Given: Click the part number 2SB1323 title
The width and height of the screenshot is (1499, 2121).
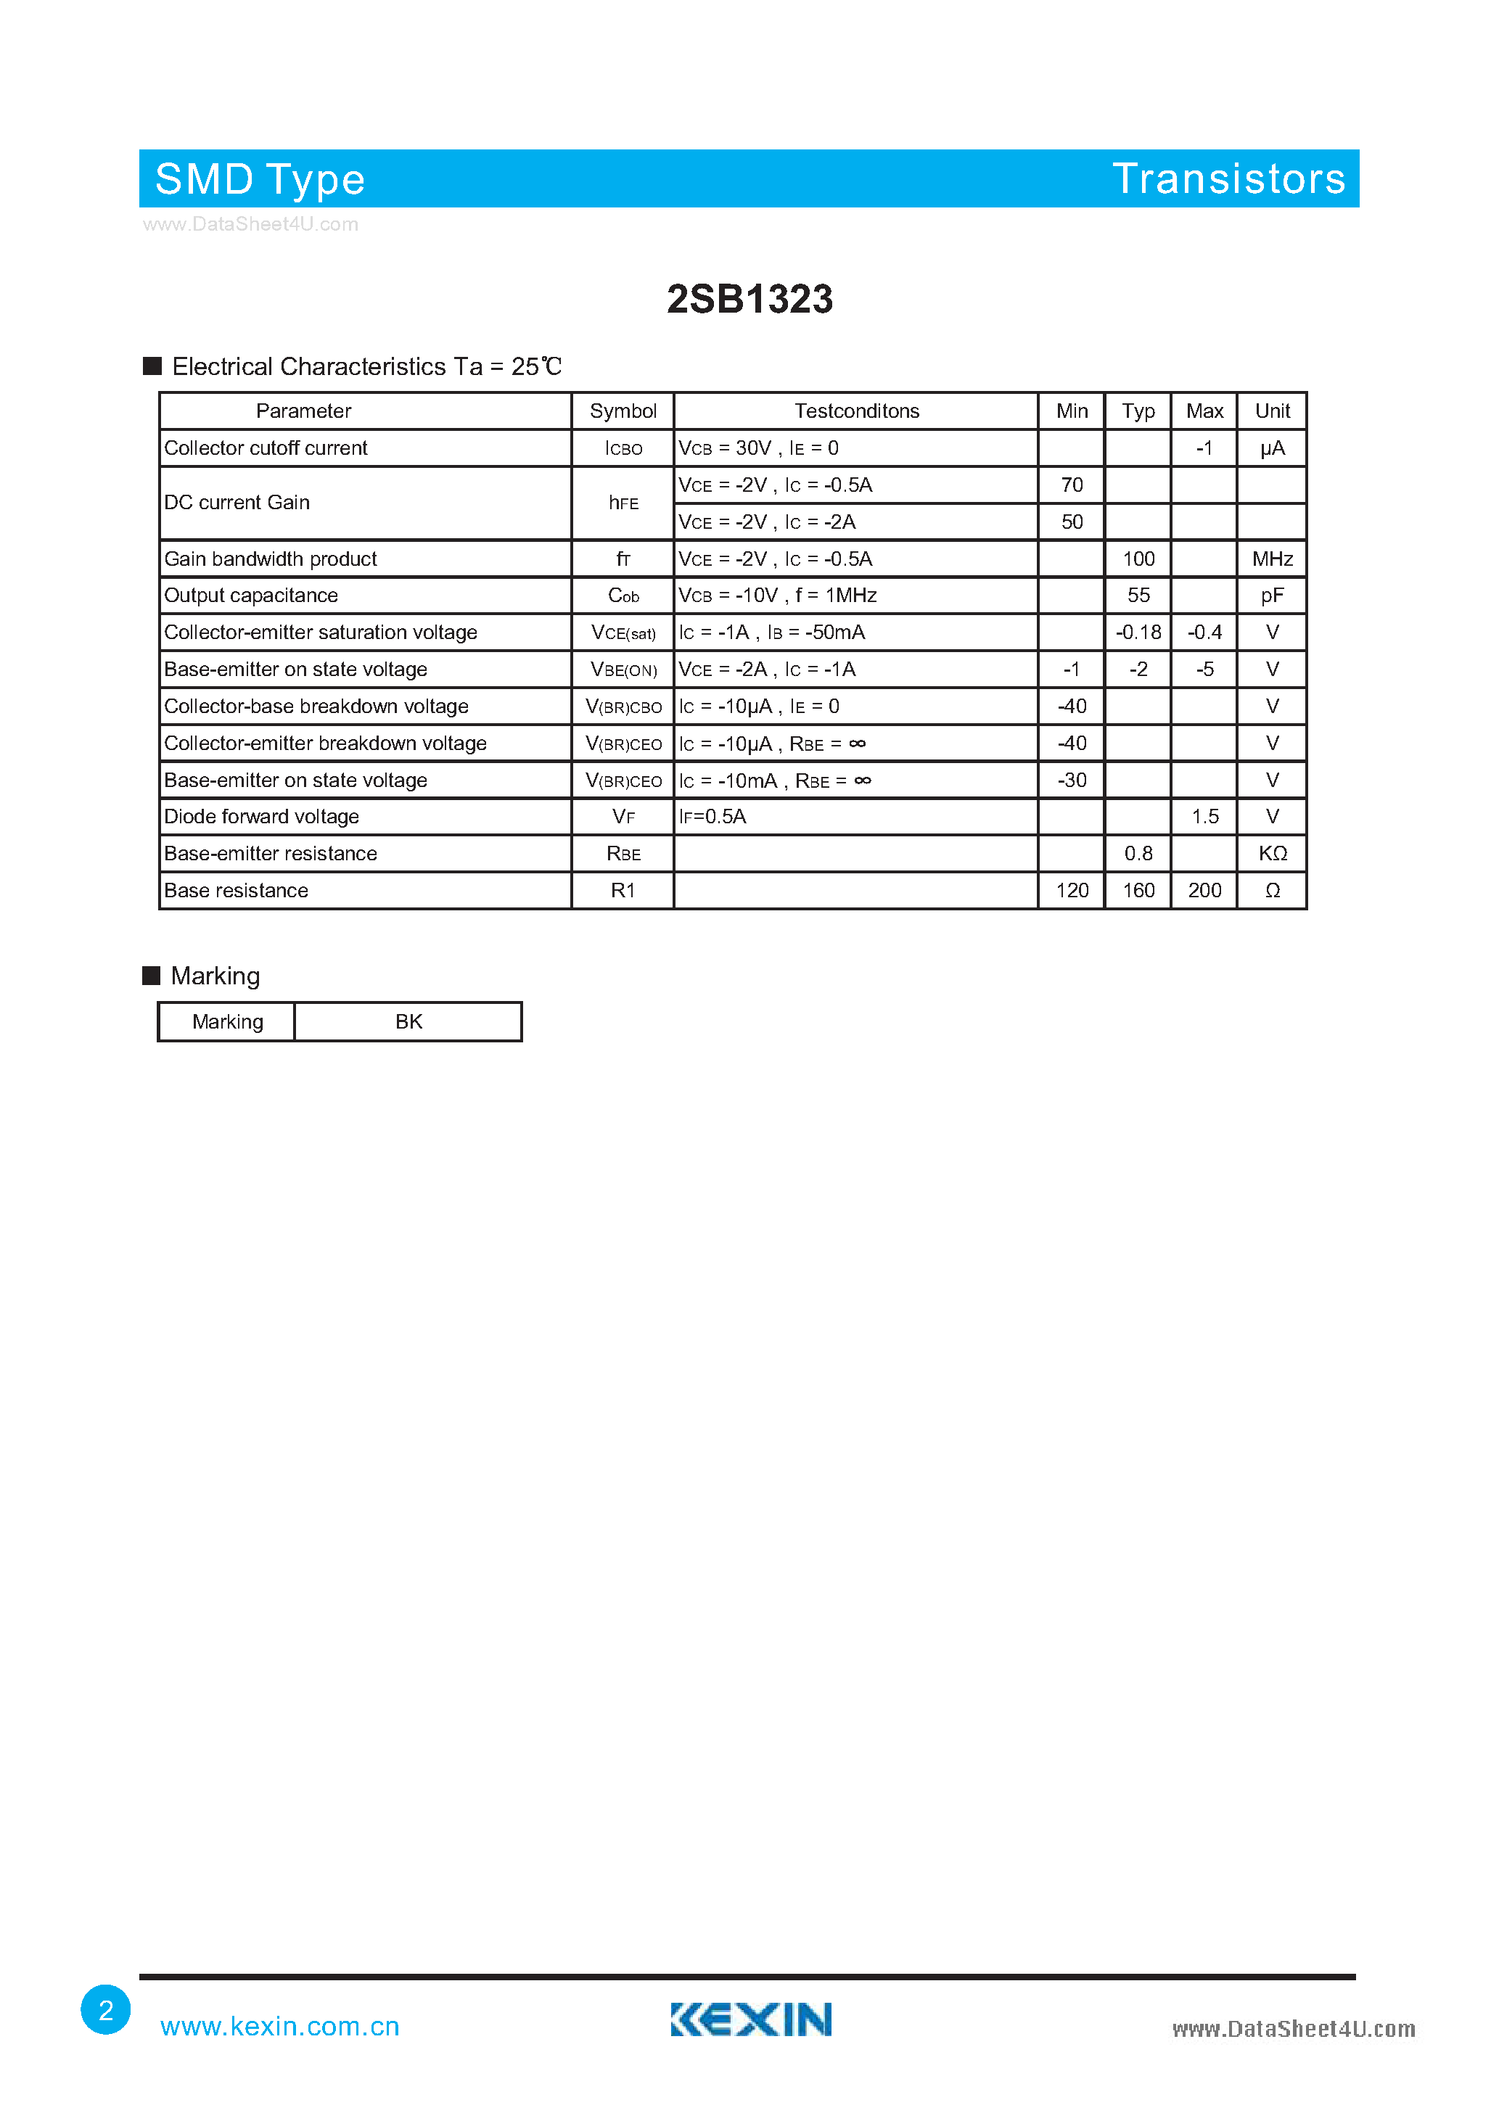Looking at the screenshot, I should [x=749, y=300].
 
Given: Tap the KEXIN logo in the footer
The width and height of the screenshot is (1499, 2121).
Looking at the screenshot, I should [x=750, y=2019].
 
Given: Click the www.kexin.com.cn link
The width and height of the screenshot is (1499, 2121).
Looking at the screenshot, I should [x=279, y=2026].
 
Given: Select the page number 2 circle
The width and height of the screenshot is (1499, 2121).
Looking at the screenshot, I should [x=105, y=2009].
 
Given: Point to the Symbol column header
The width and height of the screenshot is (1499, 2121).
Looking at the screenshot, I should [x=623, y=411].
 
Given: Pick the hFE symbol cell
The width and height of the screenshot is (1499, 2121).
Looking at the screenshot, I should [x=623, y=503].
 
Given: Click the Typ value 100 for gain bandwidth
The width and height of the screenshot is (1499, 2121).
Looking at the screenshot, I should [x=1138, y=559].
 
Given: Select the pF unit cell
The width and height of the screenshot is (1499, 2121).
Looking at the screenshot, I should [x=1272, y=596].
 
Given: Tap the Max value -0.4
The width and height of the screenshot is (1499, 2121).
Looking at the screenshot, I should [x=1204, y=633].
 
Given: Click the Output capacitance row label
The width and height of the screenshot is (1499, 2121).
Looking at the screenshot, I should [x=251, y=596].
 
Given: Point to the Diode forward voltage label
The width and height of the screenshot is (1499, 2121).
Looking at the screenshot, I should [x=261, y=817].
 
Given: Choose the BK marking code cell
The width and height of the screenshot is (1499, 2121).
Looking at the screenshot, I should [x=408, y=1022].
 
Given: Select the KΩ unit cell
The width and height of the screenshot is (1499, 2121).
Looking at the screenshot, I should [x=1272, y=854].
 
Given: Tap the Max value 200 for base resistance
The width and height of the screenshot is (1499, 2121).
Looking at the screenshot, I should [x=1204, y=891].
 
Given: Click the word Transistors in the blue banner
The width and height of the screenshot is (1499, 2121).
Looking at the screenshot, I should [x=1228, y=178].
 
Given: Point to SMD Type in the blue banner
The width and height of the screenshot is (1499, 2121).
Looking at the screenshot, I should [x=260, y=179].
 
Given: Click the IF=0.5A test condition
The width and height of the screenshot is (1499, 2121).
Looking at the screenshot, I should [x=712, y=817].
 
